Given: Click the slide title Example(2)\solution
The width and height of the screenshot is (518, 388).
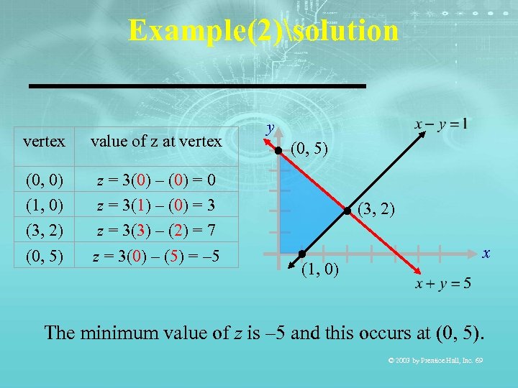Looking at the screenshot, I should coord(263,31).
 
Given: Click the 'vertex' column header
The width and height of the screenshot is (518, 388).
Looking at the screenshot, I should coord(44,142).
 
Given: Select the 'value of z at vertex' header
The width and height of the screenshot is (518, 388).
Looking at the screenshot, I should coord(156,142).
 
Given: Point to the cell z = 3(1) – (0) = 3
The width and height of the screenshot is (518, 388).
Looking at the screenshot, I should coord(156,205).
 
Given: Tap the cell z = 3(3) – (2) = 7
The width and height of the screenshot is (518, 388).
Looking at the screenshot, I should coord(156,231).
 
